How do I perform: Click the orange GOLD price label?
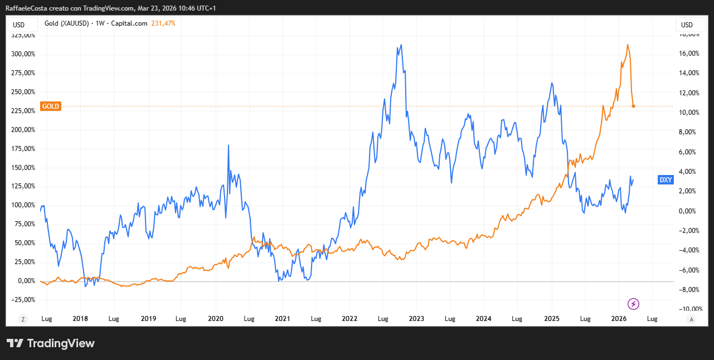click(x=51, y=106)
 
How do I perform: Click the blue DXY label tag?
click(x=666, y=179)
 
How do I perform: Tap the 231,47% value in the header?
click(x=163, y=23)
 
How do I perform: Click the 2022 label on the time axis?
click(x=349, y=319)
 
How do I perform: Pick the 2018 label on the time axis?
click(x=81, y=319)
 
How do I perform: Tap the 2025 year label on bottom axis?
click(x=552, y=319)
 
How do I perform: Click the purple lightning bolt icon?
click(x=634, y=304)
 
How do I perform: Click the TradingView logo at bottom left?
click(x=51, y=343)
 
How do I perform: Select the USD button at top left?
click(x=19, y=25)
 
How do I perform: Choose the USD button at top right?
click(x=687, y=25)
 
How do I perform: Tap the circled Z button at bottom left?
click(x=23, y=319)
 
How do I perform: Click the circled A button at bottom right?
click(x=691, y=319)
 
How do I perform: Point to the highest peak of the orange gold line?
click(x=628, y=45)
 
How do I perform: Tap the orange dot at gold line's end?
click(x=634, y=106)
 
